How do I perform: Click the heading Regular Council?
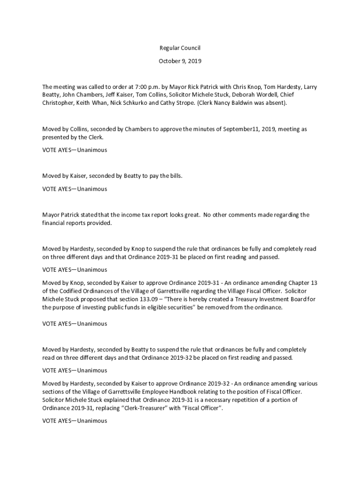tap(180, 48)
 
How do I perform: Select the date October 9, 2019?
tap(180, 61)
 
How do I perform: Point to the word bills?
tap(174, 176)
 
